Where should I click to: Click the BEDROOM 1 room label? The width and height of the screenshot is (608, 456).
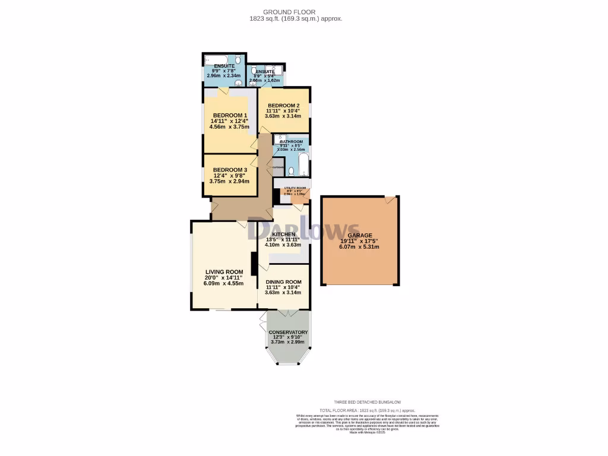(x=229, y=115)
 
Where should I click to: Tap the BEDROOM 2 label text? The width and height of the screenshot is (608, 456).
(x=283, y=105)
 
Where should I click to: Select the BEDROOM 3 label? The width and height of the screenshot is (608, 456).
(x=229, y=170)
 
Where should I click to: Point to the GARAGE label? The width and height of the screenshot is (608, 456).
(x=360, y=235)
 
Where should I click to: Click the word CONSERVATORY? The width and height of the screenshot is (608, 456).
(x=288, y=332)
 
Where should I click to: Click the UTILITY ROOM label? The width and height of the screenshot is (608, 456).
(x=294, y=188)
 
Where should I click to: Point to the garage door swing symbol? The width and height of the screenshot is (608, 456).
(x=389, y=201)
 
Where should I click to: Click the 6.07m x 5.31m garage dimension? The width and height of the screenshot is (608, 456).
(x=359, y=247)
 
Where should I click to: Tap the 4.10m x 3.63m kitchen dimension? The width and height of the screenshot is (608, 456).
(x=283, y=245)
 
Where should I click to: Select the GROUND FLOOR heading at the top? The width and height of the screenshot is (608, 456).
(x=297, y=12)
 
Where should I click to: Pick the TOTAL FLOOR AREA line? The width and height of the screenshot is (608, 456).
(x=359, y=410)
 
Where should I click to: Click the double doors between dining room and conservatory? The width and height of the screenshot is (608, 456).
(x=284, y=312)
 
